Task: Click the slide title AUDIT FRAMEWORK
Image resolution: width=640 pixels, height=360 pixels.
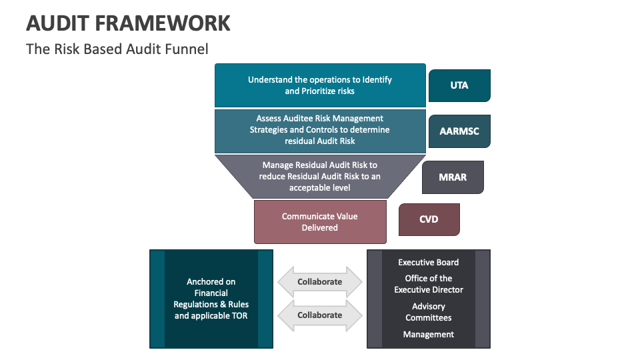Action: tap(128, 23)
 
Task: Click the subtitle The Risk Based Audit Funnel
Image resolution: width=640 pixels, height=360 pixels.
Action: tap(117, 49)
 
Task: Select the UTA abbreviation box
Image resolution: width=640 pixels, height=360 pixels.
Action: tap(459, 85)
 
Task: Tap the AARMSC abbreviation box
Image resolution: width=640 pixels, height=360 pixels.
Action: tap(459, 131)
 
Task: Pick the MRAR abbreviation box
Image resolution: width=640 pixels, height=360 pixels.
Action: tap(453, 177)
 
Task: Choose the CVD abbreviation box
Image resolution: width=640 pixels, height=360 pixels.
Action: tap(429, 219)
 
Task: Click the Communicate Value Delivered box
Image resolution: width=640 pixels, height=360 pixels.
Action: tap(320, 222)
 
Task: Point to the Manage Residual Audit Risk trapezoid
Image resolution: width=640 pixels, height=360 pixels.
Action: tap(320, 176)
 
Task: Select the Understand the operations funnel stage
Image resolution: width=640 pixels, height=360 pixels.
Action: tap(320, 85)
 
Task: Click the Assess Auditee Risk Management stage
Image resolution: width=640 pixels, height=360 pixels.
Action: tap(320, 130)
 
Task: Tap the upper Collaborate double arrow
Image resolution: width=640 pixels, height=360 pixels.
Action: tap(320, 282)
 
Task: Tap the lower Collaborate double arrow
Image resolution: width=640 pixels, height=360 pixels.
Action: tap(320, 315)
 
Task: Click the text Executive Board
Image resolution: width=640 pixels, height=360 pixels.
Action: tap(429, 263)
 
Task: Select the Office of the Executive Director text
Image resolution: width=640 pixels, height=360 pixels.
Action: tap(429, 284)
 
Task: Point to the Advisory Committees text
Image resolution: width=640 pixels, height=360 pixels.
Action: tap(429, 312)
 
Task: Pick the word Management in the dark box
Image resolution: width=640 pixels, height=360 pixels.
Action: tap(429, 335)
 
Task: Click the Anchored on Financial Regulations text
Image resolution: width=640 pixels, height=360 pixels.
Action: tap(211, 299)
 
